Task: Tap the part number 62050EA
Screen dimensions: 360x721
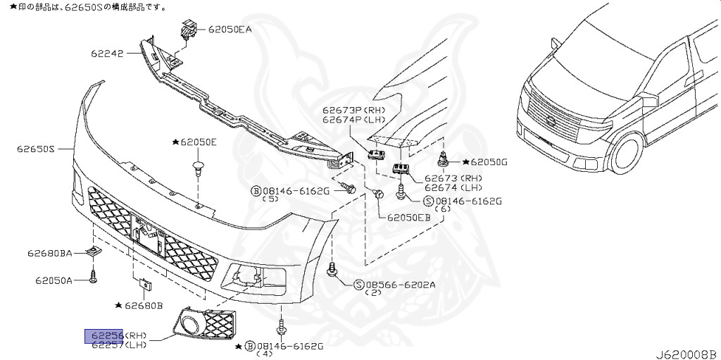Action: click(230, 30)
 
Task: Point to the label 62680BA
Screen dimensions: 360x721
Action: click(49, 252)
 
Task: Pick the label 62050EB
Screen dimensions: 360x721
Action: click(408, 217)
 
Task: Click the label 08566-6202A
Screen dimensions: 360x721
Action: click(400, 285)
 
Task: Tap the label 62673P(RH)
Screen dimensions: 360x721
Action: click(353, 111)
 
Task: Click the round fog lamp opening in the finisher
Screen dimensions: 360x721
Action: click(190, 324)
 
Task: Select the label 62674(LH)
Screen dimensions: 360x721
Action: click(453, 187)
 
